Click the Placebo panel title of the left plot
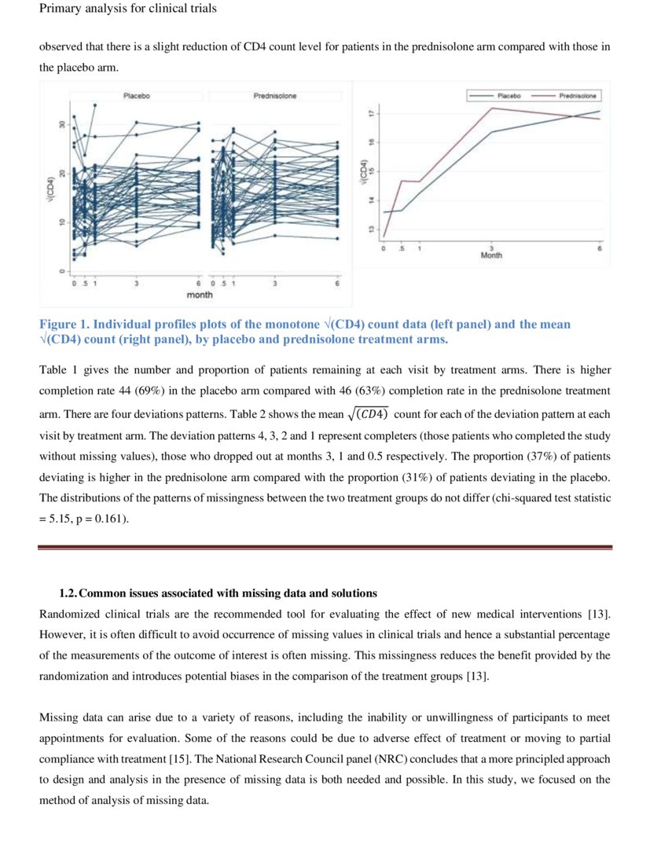(137, 96)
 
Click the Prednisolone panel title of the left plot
(274, 96)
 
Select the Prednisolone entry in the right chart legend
(577, 95)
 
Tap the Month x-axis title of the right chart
(491, 255)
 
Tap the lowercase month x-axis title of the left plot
(199, 295)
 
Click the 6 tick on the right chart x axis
(599, 248)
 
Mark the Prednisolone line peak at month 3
(491, 108)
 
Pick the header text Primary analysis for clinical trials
(127, 9)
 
